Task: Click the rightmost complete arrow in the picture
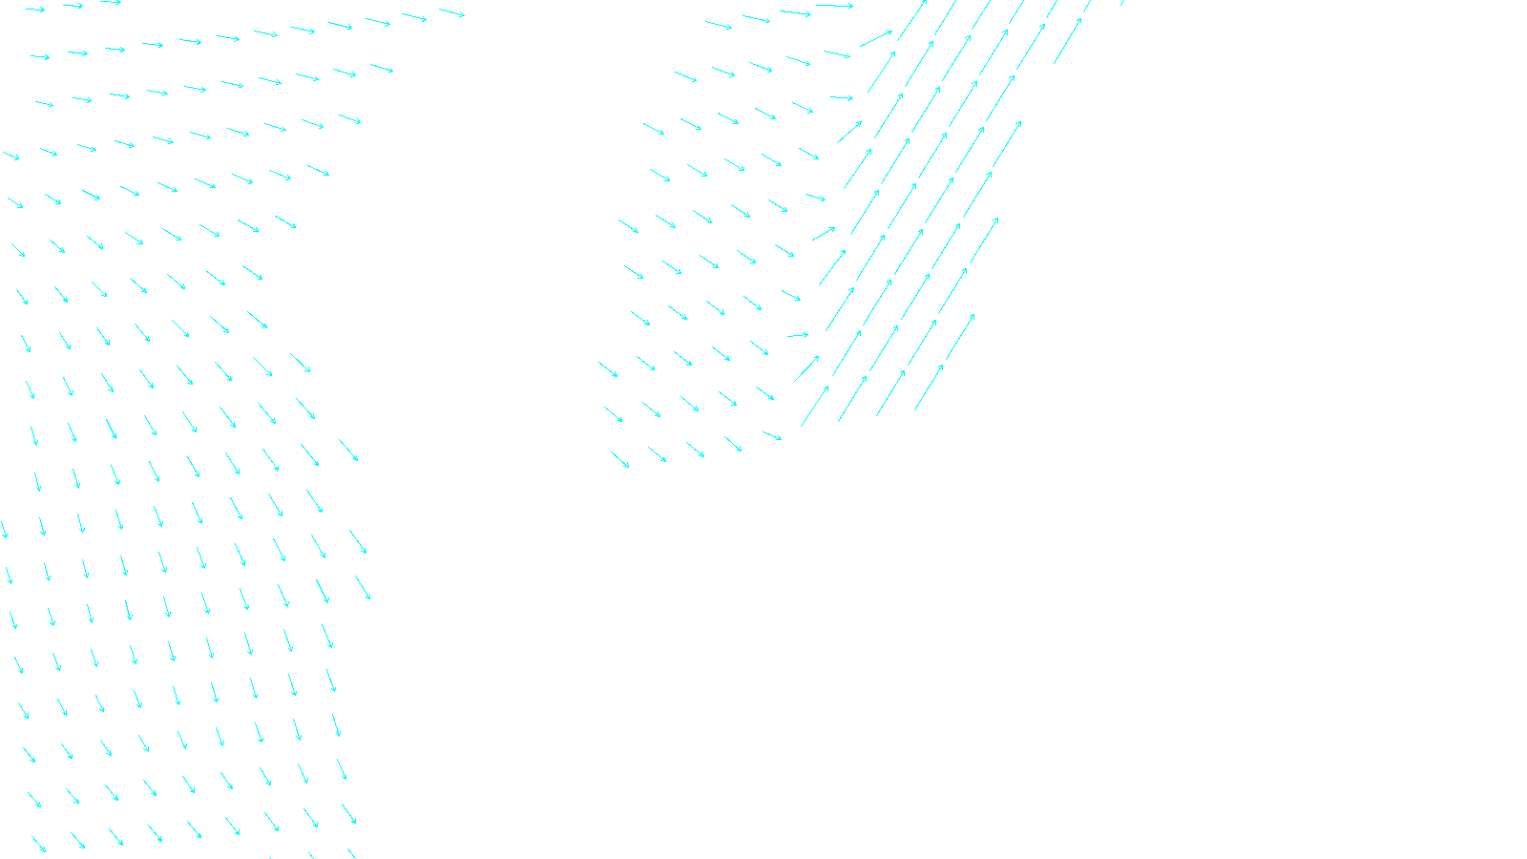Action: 1068,41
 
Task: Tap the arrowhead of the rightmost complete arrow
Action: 1081,18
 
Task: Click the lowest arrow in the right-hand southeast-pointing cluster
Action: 620,460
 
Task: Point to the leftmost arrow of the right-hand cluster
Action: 608,369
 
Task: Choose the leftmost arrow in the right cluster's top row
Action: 719,25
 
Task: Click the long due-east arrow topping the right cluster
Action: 834,6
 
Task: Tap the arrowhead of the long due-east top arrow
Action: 851,7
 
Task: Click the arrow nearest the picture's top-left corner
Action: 34,10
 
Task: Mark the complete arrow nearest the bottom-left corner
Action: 38,845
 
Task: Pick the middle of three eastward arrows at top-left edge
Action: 73,6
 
